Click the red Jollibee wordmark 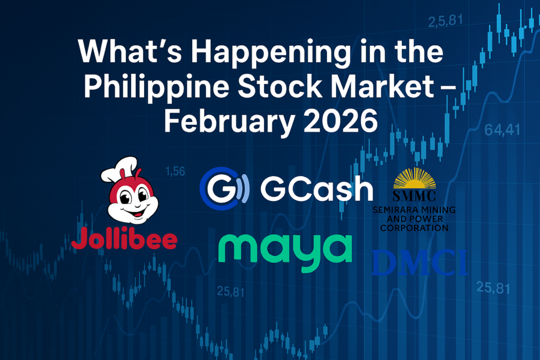(124, 238)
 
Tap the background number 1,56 (175, 171)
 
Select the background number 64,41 (503, 131)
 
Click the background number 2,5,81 (445, 21)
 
